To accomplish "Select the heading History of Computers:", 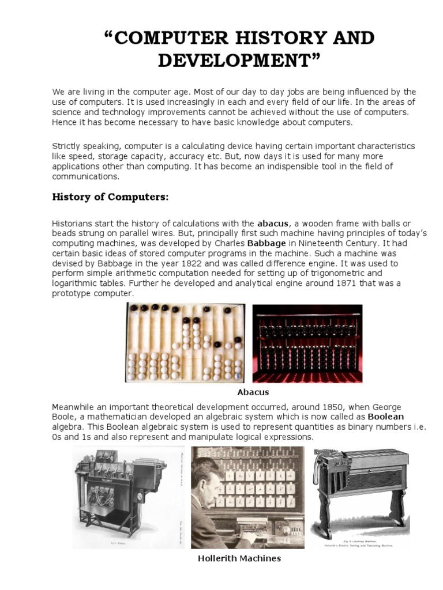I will click(110, 197).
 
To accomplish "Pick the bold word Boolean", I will click(386, 417).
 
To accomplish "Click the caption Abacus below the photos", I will click(253, 392).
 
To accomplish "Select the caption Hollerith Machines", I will click(239, 558).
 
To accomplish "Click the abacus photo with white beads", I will click(185, 343).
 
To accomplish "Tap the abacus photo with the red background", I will click(307, 343).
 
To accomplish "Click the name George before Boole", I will click(382, 407).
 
